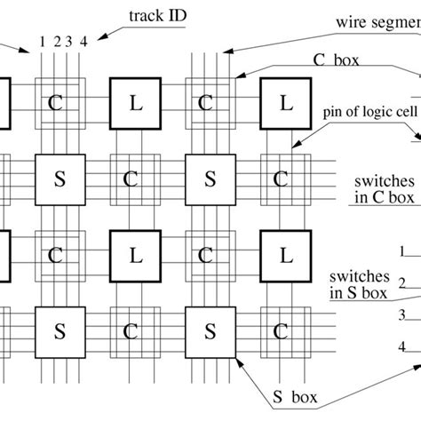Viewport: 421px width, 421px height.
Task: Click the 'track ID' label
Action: pyautogui.click(x=154, y=16)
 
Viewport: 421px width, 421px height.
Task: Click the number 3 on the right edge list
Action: pyautogui.click(x=401, y=314)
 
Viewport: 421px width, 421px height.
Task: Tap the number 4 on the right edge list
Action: pyautogui.click(x=401, y=346)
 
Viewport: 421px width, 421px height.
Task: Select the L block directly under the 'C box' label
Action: pyautogui.click(x=285, y=103)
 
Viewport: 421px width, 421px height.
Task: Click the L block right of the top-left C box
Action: pyautogui.click(x=134, y=103)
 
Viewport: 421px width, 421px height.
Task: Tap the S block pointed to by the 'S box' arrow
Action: pyautogui.click(x=210, y=331)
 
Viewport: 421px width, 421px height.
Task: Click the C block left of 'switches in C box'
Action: pyautogui.click(x=281, y=179)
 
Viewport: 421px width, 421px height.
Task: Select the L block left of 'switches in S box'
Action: pyautogui.click(x=285, y=256)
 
